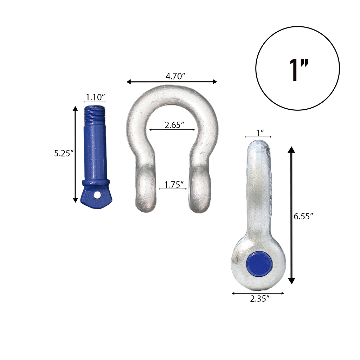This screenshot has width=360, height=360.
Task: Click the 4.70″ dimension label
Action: pos(175,76)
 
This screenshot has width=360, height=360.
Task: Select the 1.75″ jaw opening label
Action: pos(174,184)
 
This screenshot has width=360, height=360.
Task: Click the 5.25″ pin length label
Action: pos(64,154)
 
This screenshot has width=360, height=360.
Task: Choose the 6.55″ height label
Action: pos(303,217)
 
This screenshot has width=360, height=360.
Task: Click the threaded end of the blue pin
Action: pos(94,116)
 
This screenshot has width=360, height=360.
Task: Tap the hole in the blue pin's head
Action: pos(97,194)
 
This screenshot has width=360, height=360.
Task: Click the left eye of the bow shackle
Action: pos(145,192)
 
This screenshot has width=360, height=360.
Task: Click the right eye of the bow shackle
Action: pos(200,192)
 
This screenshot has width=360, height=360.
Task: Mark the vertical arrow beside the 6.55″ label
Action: pos(291,216)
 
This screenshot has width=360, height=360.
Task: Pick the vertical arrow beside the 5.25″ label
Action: pos(75,154)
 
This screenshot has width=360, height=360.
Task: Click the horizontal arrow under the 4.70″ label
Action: pos(172,82)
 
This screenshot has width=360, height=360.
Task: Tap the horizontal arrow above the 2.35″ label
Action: pos(258,293)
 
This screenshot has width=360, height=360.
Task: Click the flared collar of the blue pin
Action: pos(96,183)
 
